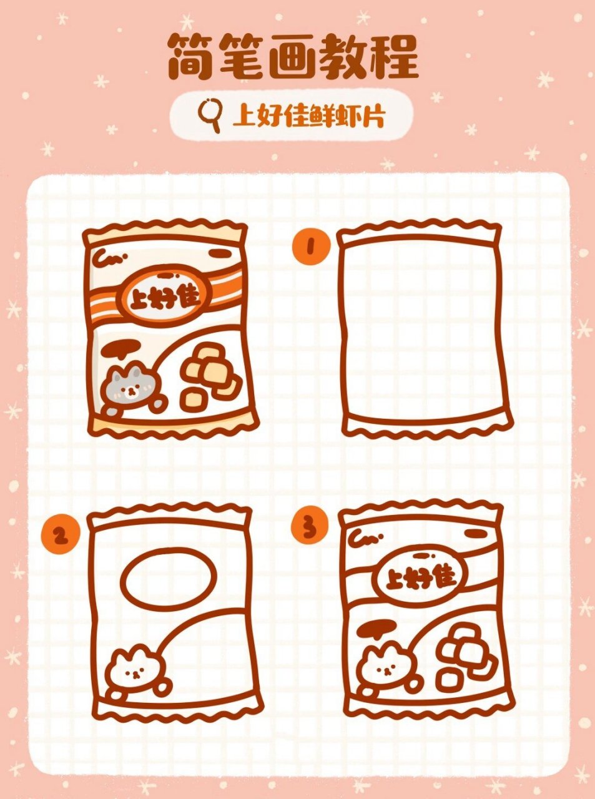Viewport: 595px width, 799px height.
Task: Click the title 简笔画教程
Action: pyautogui.click(x=293, y=57)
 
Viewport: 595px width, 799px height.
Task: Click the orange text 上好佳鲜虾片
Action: pyautogui.click(x=309, y=115)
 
